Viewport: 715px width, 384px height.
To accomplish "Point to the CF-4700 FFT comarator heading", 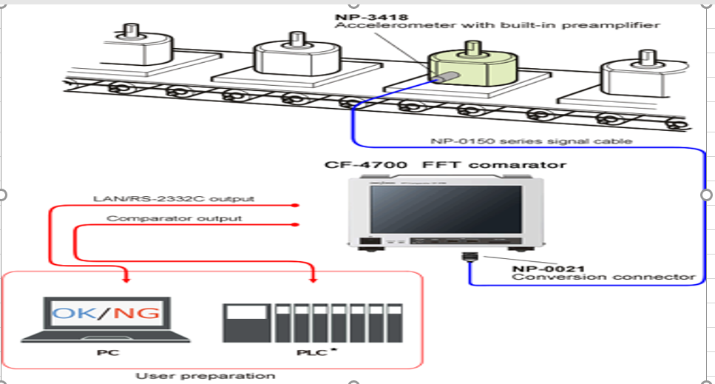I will point(445,164).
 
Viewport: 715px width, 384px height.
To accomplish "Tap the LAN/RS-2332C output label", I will point(174,198).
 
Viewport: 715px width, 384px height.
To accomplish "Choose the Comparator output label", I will point(174,218).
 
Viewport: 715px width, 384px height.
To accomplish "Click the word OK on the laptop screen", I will point(77,313).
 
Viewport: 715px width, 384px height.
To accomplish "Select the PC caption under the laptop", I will point(104,352).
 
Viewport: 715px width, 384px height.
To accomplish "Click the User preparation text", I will point(214,375).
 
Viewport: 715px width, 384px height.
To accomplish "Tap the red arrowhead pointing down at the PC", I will point(126,279).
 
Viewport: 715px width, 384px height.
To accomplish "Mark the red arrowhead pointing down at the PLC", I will point(316,279).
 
